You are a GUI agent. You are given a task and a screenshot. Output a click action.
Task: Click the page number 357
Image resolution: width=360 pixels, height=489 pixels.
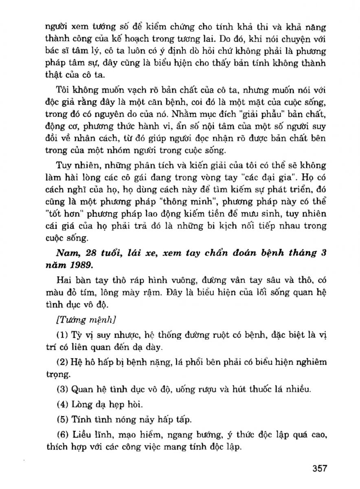[x=320, y=468]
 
